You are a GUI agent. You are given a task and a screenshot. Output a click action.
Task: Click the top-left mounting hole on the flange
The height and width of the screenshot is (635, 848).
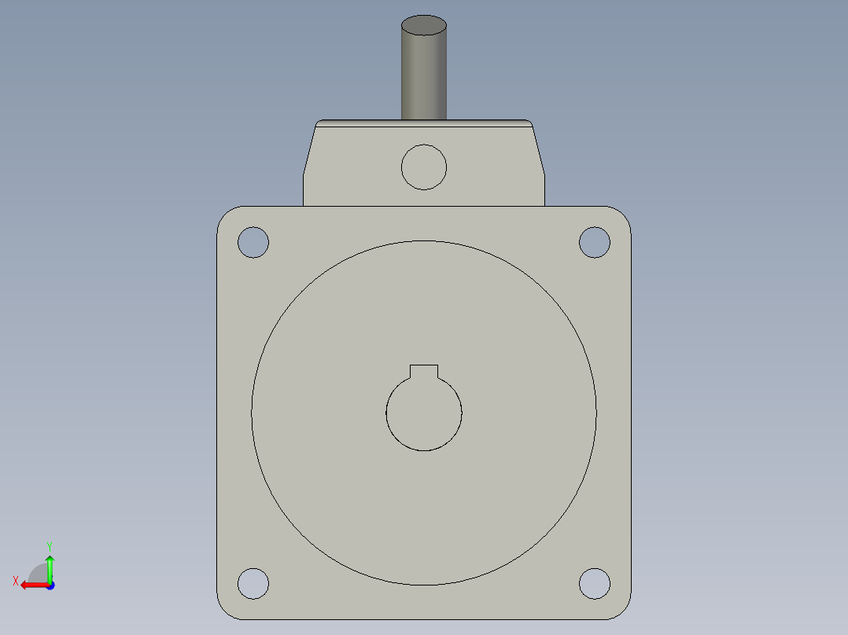coord(253,242)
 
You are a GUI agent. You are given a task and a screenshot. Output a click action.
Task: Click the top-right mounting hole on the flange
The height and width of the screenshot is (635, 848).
coord(595,242)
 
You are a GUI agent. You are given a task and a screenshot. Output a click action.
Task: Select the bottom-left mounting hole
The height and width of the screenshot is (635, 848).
coord(253,583)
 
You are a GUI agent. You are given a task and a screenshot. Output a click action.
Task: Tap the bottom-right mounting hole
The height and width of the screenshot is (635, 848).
coord(595,583)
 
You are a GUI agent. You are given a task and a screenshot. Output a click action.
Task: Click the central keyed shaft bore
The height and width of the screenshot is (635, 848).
coord(424,414)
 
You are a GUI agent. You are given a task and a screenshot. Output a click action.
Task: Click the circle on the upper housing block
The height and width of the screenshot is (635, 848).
coord(424,167)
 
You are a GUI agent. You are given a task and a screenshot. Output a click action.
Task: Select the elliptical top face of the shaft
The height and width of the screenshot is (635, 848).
coord(424,25)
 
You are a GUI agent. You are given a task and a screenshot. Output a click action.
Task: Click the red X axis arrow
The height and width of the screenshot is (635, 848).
coord(31,585)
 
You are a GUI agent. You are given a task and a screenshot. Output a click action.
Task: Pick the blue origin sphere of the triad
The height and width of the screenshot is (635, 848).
coord(50,585)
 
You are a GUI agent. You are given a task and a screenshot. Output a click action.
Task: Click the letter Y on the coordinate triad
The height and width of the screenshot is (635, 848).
coord(49,545)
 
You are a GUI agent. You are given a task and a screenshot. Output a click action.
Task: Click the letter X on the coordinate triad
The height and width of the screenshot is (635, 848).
coord(15,581)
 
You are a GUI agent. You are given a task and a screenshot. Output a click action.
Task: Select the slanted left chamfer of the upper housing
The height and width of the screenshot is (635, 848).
coord(309,153)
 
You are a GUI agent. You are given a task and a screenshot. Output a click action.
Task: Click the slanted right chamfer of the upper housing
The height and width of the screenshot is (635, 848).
coord(539,153)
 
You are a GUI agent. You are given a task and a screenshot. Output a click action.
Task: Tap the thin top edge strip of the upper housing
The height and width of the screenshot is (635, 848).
coord(424,123)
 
